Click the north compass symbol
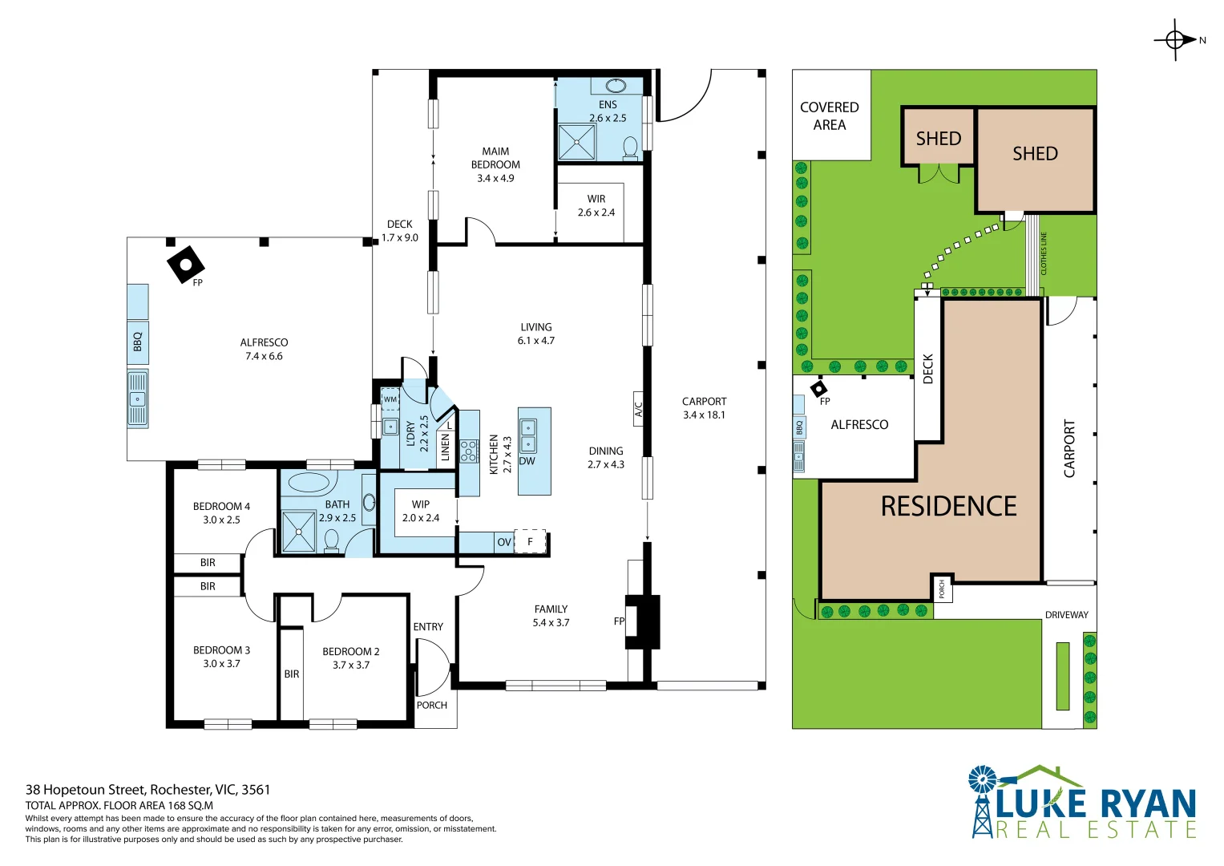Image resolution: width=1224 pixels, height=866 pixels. click(x=1175, y=39)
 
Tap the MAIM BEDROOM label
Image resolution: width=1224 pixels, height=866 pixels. click(x=495, y=158)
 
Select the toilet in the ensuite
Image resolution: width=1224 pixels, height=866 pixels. click(x=630, y=148)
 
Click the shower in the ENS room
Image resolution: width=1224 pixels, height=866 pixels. click(x=577, y=142)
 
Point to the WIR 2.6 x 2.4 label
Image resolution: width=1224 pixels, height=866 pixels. click(x=596, y=205)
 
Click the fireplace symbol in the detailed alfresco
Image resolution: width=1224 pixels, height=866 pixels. click(x=185, y=264)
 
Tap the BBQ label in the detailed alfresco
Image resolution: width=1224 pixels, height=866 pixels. click(x=137, y=342)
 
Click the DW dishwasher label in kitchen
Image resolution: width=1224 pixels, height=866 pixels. click(x=527, y=461)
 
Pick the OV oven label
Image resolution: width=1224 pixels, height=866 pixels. click(x=503, y=542)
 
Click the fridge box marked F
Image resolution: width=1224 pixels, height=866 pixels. click(x=530, y=541)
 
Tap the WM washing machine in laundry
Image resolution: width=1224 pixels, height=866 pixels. click(x=390, y=399)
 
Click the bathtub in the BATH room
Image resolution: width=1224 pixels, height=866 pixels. click(x=309, y=483)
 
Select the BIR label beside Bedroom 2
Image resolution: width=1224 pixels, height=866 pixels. click(x=292, y=674)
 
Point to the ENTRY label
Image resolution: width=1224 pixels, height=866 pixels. click(x=428, y=626)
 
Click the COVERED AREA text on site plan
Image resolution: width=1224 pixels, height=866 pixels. click(x=830, y=115)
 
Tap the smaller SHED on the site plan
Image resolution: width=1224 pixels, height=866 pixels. click(x=938, y=138)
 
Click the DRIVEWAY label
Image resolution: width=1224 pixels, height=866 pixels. click(x=1066, y=615)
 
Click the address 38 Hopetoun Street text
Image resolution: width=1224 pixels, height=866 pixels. click(x=147, y=790)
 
